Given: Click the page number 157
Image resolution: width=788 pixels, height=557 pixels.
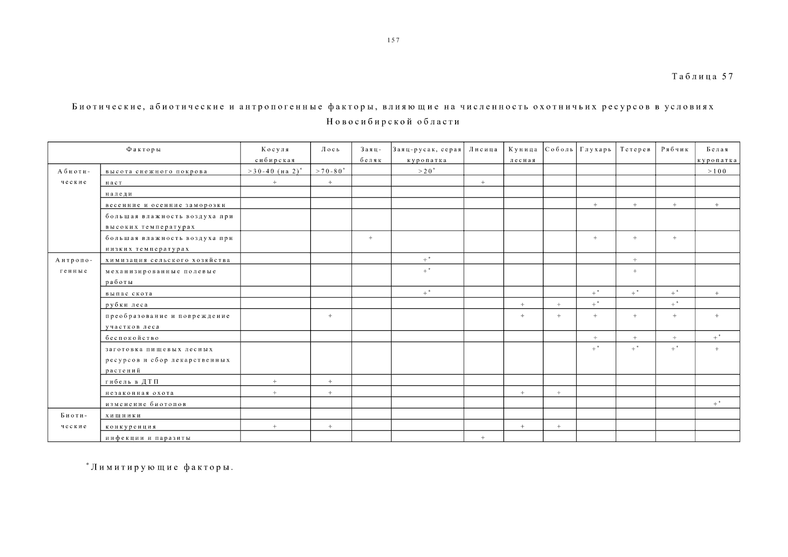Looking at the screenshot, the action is pyautogui.click(x=393, y=40).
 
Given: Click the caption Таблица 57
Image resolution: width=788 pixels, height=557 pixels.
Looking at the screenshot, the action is pyautogui.click(x=702, y=77).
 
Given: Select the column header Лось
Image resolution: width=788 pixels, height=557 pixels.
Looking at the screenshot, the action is pyautogui.click(x=330, y=149).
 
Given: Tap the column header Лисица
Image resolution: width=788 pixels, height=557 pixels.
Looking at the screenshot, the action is pyautogui.click(x=483, y=149).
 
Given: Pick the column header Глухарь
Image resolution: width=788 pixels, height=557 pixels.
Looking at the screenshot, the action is pyautogui.click(x=596, y=149).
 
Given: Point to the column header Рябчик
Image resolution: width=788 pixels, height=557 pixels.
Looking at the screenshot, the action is pyautogui.click(x=675, y=149).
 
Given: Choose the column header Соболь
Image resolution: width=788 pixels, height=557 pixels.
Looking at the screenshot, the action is pyautogui.click(x=559, y=149).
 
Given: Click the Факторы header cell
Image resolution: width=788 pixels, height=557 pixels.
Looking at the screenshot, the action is pyautogui.click(x=143, y=149).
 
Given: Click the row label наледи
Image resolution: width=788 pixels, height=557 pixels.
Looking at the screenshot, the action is pyautogui.click(x=119, y=194).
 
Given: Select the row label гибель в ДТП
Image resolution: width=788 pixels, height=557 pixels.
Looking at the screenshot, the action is pyautogui.click(x=132, y=382).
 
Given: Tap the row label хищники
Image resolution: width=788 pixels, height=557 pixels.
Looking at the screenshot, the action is pyautogui.click(x=123, y=415).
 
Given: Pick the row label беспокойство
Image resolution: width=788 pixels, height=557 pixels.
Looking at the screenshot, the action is pyautogui.click(x=132, y=338).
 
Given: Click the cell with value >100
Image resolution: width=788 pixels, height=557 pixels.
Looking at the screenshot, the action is pyautogui.click(x=716, y=171).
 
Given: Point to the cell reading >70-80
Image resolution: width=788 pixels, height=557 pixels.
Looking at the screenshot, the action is pyautogui.click(x=330, y=171).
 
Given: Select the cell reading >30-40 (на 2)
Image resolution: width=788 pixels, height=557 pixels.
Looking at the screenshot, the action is pyautogui.click(x=275, y=171).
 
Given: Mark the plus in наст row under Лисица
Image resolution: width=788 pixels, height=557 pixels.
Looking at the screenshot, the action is pyautogui.click(x=483, y=183).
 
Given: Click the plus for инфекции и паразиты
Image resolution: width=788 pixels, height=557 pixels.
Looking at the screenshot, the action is pyautogui.click(x=483, y=438).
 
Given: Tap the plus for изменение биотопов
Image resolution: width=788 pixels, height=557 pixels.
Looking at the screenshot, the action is pyautogui.click(x=716, y=404).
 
